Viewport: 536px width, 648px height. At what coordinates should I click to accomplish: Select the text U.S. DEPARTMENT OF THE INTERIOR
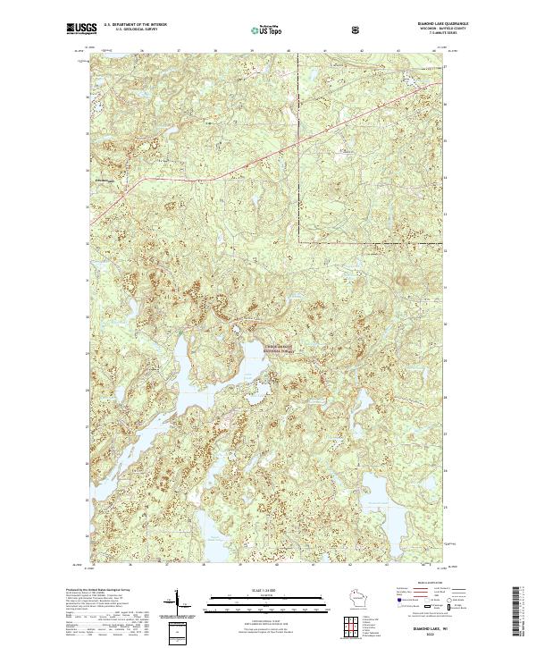pos(135,24)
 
